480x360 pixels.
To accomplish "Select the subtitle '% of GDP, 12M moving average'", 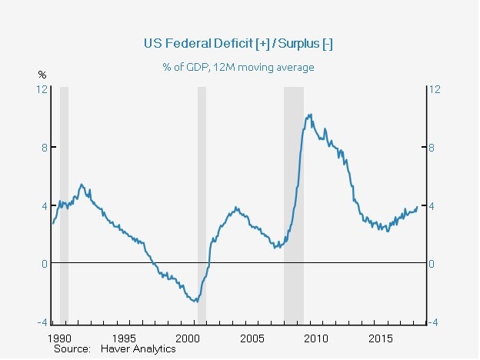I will [x=238, y=67].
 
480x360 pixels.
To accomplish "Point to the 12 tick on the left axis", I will [x=43, y=89].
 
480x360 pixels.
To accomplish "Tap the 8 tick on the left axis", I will [x=45, y=148].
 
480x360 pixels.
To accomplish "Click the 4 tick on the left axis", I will [x=45, y=205].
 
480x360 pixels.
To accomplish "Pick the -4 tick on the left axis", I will [x=43, y=322].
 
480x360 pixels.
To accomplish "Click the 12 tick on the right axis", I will [x=434, y=89].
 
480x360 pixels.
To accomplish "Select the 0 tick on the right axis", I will [x=432, y=264].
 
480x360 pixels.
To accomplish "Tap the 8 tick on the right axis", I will [x=432, y=148].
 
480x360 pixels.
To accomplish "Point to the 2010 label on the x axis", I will [x=317, y=338].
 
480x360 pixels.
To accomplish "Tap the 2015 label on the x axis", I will [x=382, y=338].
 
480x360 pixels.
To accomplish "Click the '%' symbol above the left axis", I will [x=42, y=75].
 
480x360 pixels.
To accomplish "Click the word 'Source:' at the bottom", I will [x=70, y=348].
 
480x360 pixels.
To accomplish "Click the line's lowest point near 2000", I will [x=196, y=301].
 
